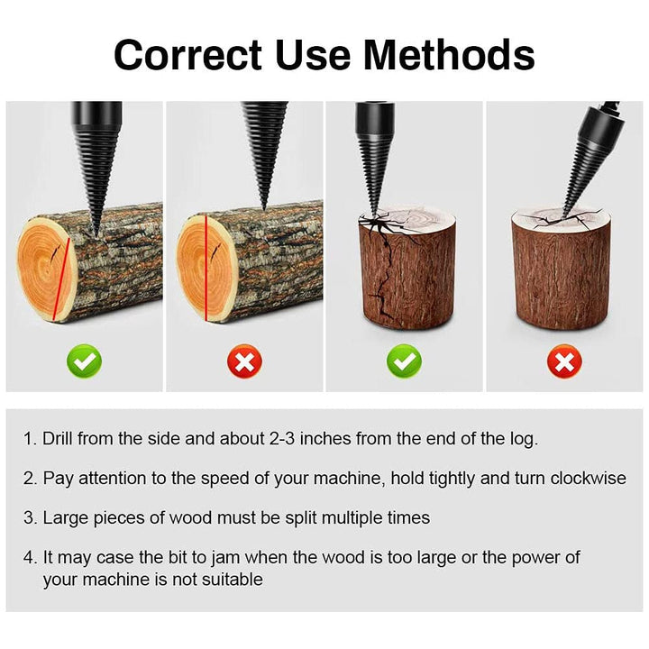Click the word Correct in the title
[187, 55]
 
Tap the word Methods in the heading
[449, 55]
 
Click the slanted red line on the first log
[61, 279]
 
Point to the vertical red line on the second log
[206, 268]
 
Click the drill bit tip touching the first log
[96, 235]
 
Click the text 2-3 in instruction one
[282, 438]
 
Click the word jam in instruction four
[225, 558]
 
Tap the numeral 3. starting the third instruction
[31, 517]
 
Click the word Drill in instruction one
[57, 438]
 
